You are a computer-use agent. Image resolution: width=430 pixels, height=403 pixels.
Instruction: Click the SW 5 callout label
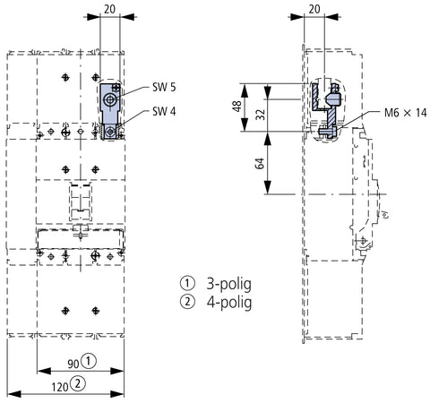[x=164, y=87]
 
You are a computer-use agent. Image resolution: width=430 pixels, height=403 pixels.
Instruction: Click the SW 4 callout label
[x=164, y=111]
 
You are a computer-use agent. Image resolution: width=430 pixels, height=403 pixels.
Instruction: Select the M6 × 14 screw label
[x=405, y=113]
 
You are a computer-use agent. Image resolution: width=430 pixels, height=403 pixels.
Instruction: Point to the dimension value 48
[x=236, y=106]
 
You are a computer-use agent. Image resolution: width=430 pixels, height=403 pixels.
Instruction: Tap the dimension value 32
[x=261, y=114]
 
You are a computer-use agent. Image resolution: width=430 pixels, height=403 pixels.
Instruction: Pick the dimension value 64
[x=260, y=164]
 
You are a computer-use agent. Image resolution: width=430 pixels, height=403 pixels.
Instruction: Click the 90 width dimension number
[x=73, y=364]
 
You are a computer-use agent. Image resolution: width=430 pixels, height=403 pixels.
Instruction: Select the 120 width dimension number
[x=60, y=387]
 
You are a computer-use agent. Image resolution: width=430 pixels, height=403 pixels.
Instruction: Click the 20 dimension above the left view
[x=109, y=9]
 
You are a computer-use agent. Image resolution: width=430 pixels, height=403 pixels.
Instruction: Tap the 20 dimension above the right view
[x=314, y=9]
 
